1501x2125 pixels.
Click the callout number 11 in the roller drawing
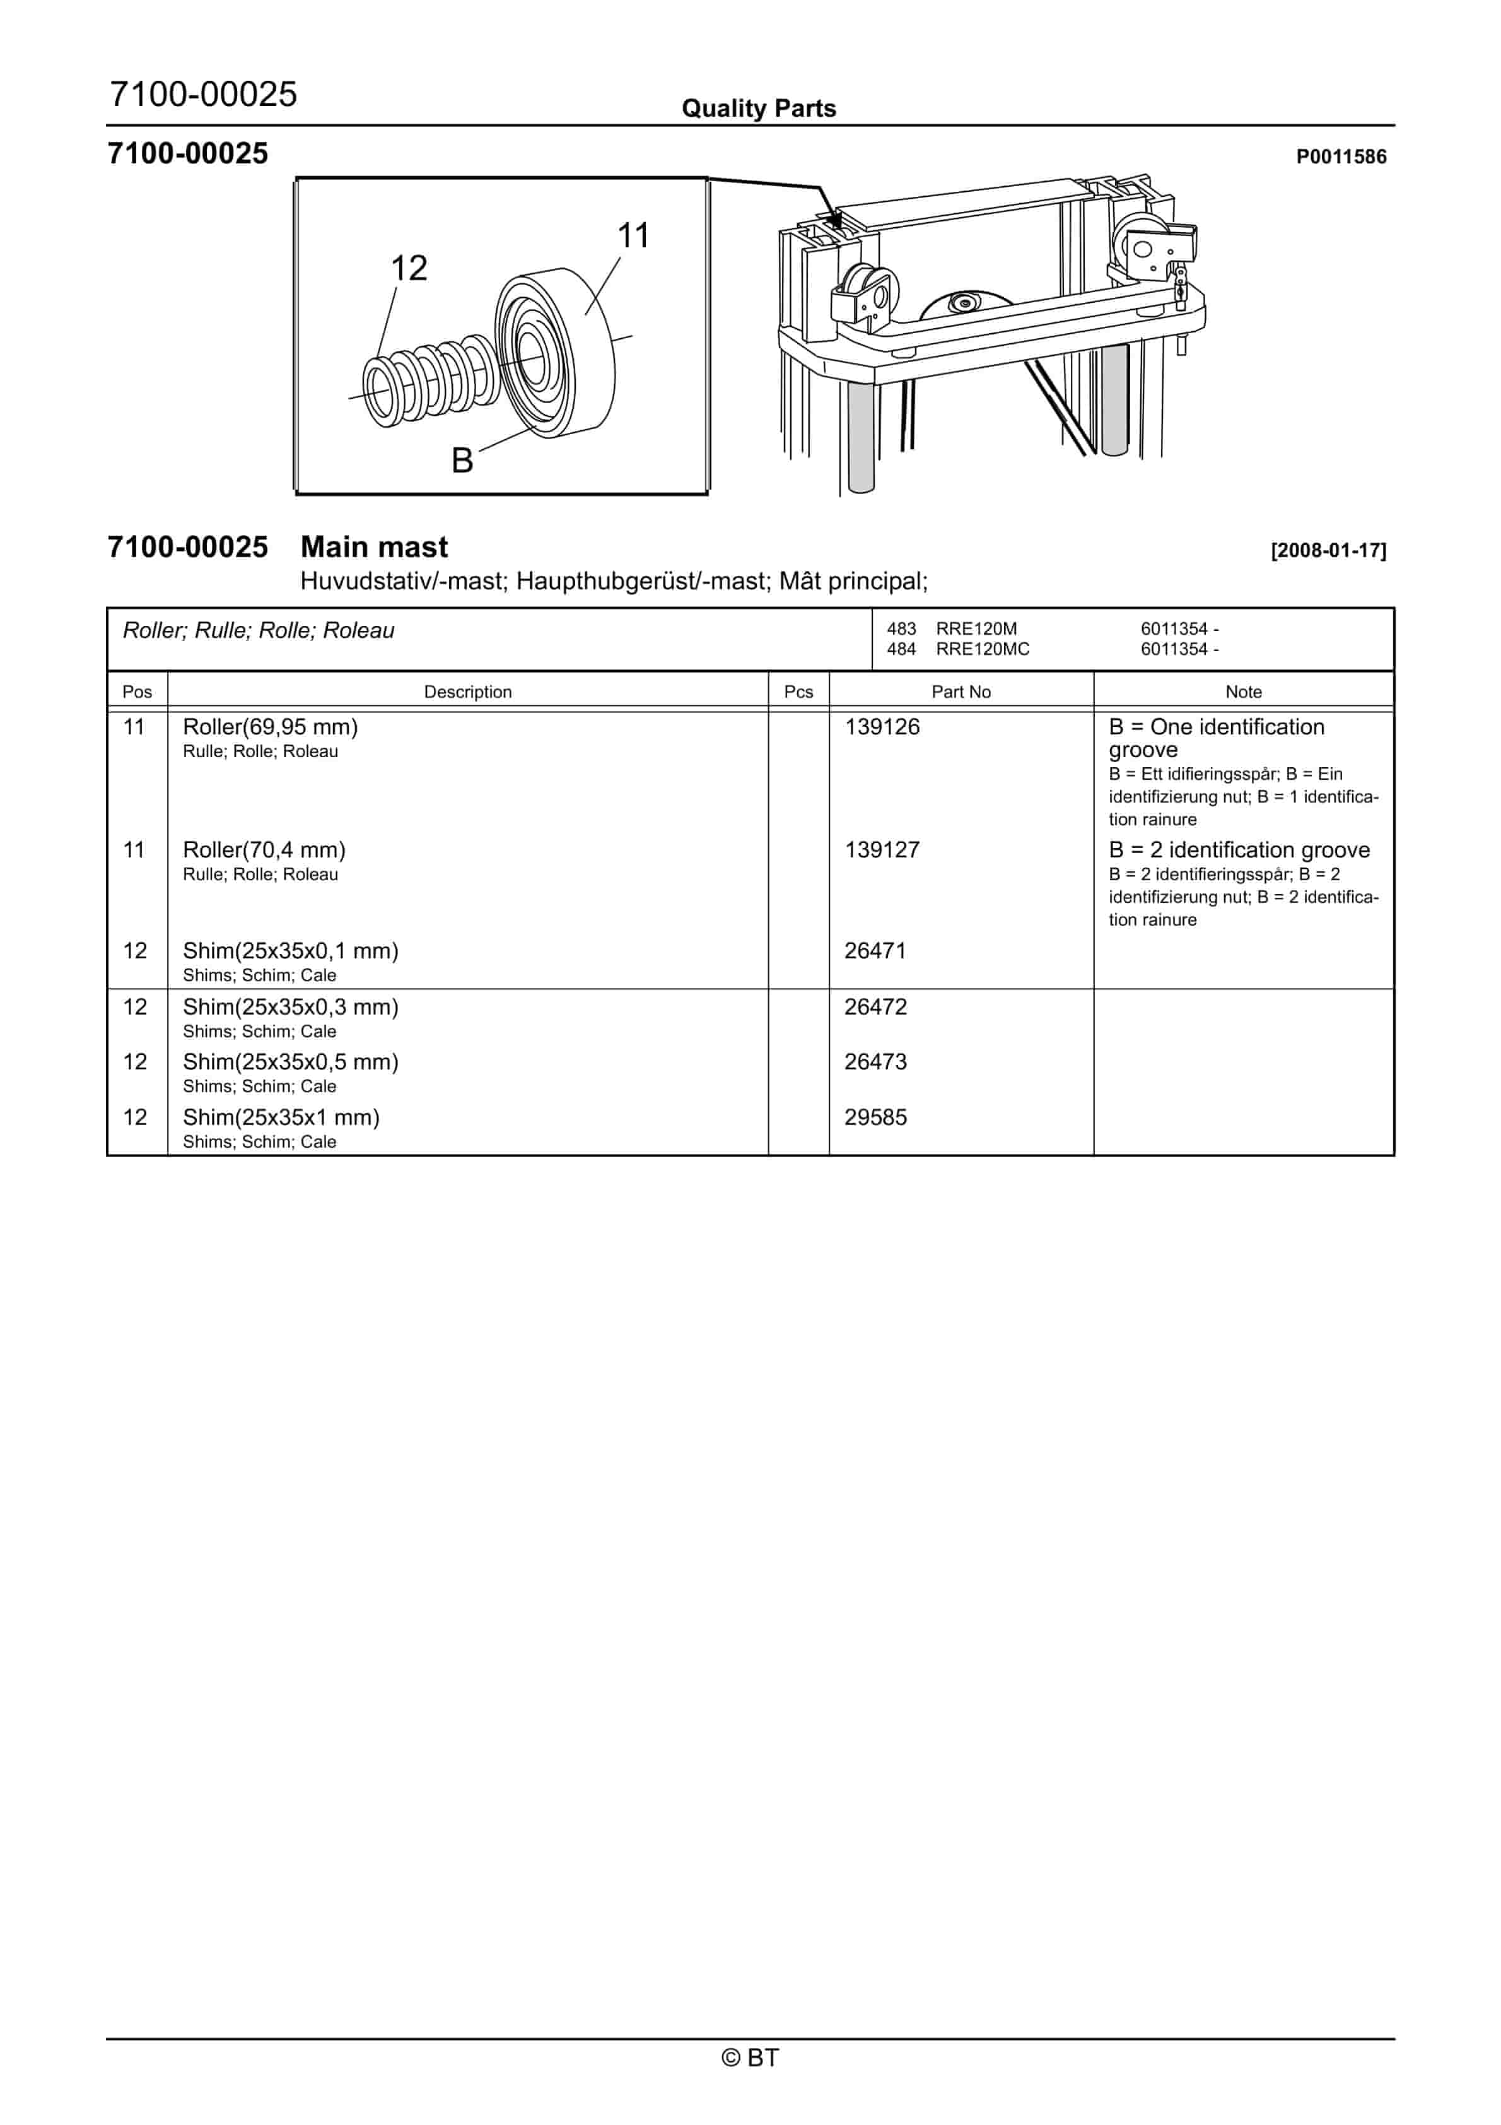(x=633, y=236)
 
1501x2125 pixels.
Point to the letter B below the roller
(x=462, y=460)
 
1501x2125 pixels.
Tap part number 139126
(x=882, y=727)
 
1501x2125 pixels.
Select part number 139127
(x=882, y=850)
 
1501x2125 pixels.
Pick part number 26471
(x=875, y=951)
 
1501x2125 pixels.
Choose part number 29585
(x=875, y=1117)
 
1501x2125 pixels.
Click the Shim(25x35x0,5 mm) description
(x=291, y=1062)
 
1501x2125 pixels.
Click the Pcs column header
(x=798, y=692)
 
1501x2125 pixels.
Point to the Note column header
(x=1243, y=692)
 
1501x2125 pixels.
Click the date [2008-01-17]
(x=1328, y=551)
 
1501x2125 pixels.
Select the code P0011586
(x=1341, y=157)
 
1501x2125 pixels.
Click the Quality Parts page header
(x=759, y=109)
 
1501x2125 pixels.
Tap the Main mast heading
(x=374, y=547)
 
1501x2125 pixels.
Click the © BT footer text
(x=750, y=2057)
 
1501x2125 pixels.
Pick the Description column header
(x=467, y=692)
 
